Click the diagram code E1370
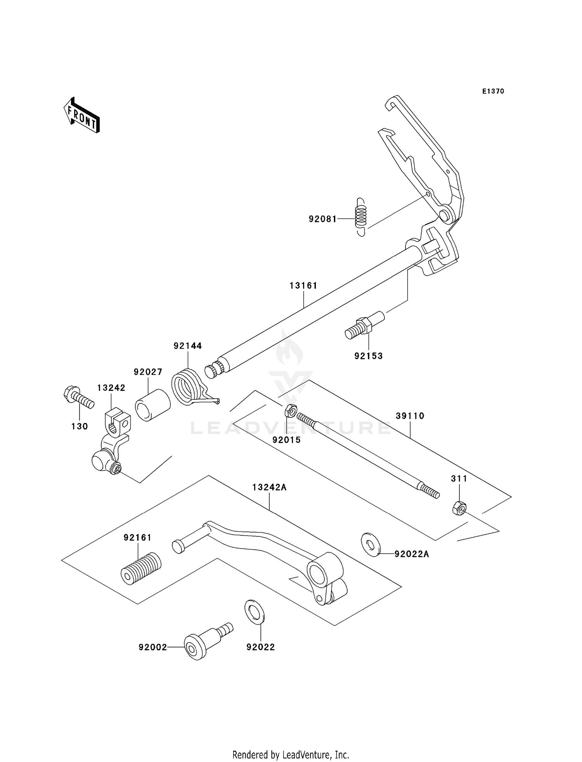click(x=493, y=91)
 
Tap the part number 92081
click(x=322, y=219)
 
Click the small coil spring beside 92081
click(x=361, y=216)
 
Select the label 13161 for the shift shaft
click(x=303, y=286)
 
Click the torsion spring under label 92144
click(x=188, y=387)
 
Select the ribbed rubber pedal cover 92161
click(x=141, y=568)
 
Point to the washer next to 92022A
click(x=371, y=545)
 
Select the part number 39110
click(x=410, y=416)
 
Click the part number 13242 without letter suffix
click(x=111, y=388)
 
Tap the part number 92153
click(x=368, y=356)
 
